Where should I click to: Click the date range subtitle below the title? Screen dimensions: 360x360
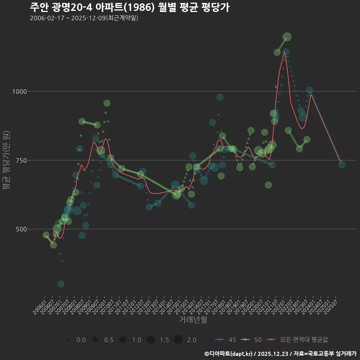point(84,18)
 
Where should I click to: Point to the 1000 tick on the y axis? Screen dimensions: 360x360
point(19,91)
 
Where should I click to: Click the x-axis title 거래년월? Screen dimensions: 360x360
point(193,320)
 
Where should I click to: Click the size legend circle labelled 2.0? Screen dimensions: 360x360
point(178,340)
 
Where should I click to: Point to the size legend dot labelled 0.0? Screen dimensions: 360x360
point(67,340)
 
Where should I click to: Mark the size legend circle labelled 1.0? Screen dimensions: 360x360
point(123,340)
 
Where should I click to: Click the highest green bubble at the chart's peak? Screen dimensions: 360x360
point(287,37)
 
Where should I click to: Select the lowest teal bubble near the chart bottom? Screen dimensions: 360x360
point(61,284)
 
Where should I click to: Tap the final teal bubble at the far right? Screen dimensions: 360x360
point(342,165)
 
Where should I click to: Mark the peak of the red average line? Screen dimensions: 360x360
point(284,52)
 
